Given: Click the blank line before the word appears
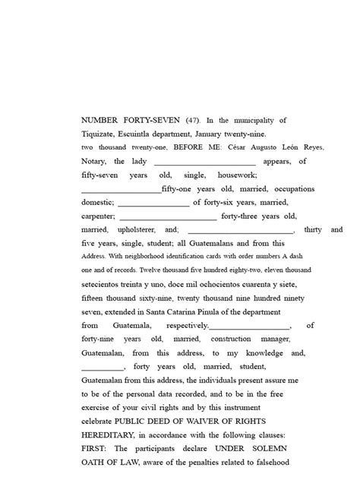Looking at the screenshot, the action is click(204, 163).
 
